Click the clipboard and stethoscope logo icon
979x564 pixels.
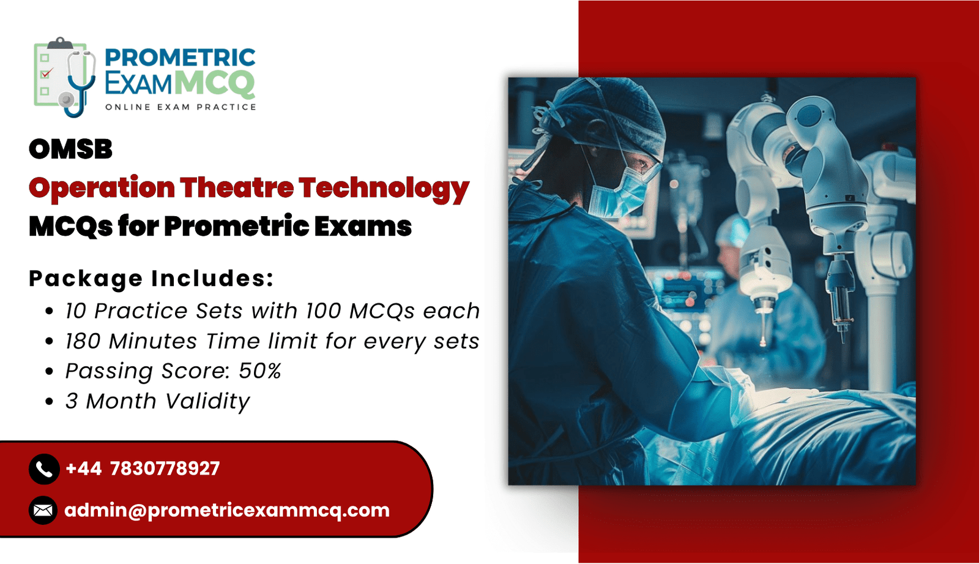65,77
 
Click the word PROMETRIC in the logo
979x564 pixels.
180,58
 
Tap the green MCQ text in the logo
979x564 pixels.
215,83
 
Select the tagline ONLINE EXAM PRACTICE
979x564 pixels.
181,107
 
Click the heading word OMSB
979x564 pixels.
70,149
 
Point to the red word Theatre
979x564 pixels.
236,187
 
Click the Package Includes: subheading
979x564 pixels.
151,279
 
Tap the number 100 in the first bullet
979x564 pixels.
324,310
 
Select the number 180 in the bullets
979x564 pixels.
83,341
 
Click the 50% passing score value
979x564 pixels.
259,370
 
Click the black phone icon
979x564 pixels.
44,469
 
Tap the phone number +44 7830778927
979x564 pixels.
143,468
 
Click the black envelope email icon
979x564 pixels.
43,510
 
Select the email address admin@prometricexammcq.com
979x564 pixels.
227,510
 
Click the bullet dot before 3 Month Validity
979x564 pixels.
50,401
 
